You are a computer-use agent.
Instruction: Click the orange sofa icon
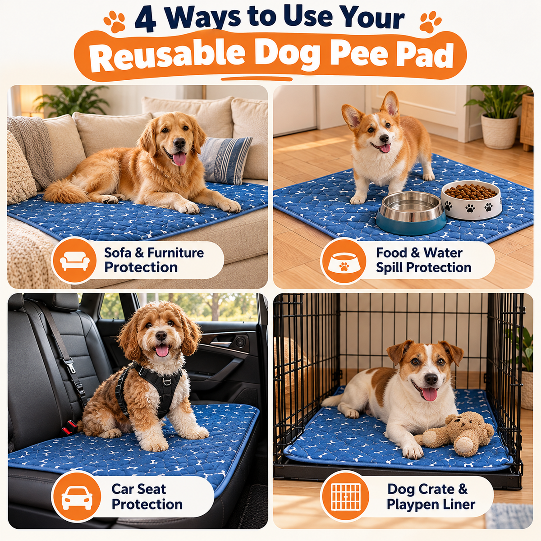click(74, 260)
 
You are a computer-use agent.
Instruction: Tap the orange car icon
click(77, 496)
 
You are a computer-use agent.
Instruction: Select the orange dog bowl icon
click(344, 261)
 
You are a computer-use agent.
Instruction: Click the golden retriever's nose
click(179, 143)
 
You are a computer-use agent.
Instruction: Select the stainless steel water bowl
click(411, 212)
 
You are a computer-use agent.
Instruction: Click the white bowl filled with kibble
click(472, 199)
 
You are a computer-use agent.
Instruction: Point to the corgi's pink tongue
click(385, 148)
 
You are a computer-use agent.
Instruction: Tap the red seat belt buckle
click(69, 427)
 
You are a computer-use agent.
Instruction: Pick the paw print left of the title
click(114, 22)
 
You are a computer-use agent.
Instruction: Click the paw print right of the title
click(431, 22)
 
